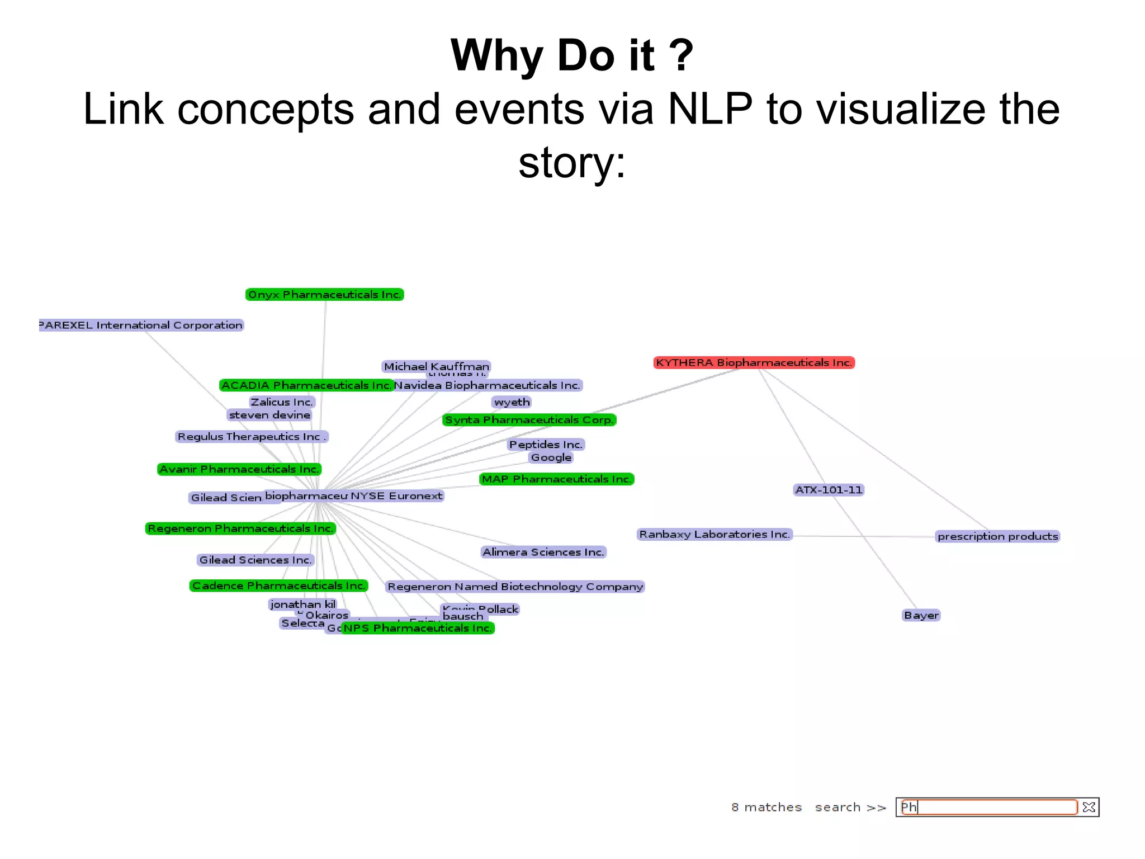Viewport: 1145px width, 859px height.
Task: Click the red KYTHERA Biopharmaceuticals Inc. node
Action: [x=754, y=362]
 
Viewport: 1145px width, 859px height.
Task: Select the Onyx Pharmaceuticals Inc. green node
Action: [x=324, y=294]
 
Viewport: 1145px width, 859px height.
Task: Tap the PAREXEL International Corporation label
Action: [x=141, y=325]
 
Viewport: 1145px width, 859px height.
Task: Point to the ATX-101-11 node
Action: [x=829, y=490]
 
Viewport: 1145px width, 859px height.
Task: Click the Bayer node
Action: [x=921, y=615]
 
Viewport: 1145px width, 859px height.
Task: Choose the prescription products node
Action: [x=997, y=536]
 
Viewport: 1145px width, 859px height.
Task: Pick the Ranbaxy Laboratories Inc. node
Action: [x=715, y=534]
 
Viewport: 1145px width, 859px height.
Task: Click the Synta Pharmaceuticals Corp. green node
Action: [x=529, y=419]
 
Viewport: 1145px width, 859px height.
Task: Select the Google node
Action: [x=551, y=457]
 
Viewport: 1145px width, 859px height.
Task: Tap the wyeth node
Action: [x=512, y=402]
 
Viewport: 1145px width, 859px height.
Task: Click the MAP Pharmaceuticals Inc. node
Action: [x=556, y=479]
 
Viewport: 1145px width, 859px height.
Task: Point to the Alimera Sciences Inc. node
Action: [x=543, y=552]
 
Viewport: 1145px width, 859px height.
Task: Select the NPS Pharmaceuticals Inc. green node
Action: [x=418, y=628]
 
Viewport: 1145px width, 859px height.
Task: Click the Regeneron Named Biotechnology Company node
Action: [x=515, y=587]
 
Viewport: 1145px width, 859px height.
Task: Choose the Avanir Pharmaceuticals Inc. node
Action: [x=239, y=469]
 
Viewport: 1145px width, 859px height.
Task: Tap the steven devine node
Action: [x=269, y=415]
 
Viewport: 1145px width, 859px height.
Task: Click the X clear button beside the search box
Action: [x=1089, y=807]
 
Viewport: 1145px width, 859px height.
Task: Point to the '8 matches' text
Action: [x=766, y=807]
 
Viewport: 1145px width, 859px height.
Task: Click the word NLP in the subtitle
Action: [x=709, y=109]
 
